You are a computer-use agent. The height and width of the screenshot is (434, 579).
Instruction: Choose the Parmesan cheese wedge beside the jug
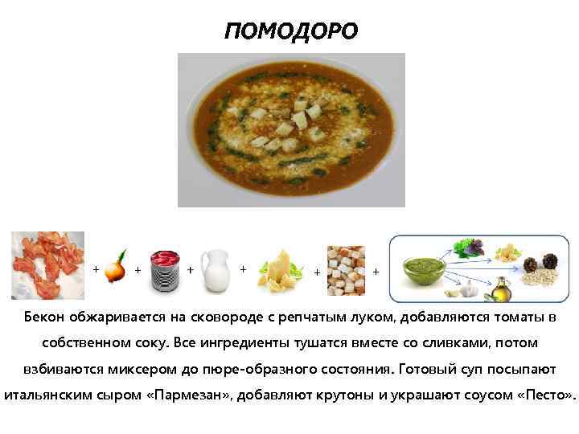tap(277, 268)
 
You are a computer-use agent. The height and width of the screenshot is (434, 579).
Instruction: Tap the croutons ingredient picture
tap(346, 268)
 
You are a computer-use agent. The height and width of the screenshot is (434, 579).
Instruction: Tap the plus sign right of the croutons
tap(376, 272)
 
